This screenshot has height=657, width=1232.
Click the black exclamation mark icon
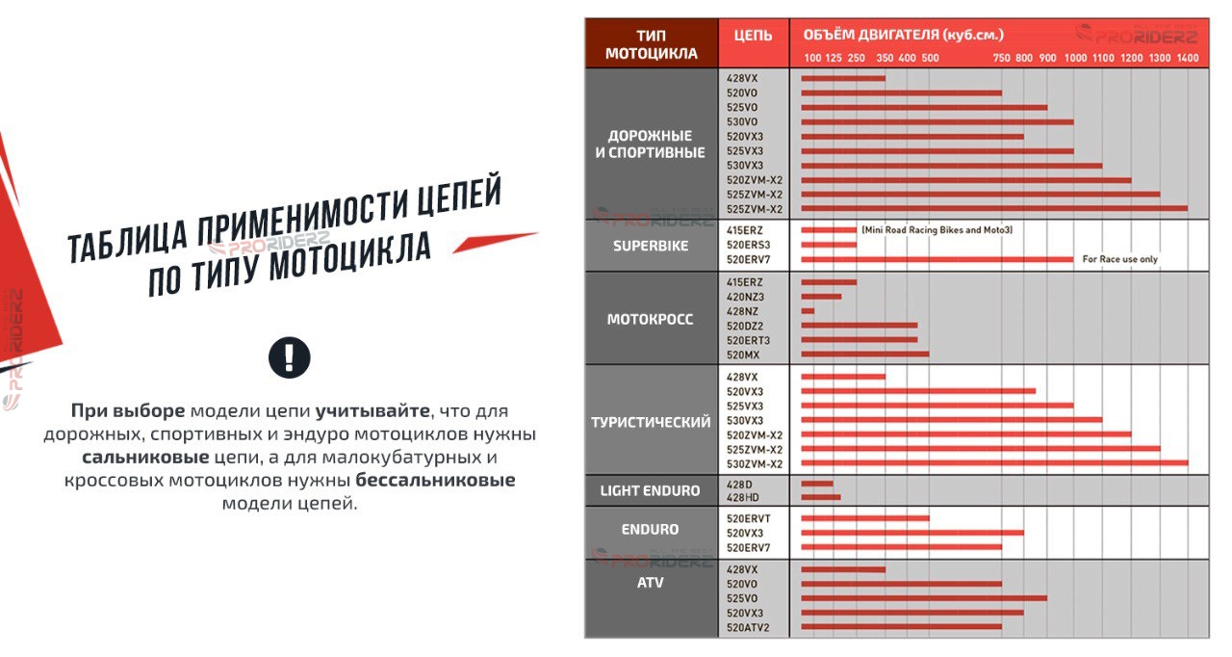pos(289,356)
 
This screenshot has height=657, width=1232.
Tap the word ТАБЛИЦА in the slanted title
pos(129,238)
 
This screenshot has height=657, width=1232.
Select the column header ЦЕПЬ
pos(753,36)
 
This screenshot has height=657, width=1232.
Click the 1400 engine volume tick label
pos(1188,59)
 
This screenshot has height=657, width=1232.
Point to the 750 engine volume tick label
pos(1001,59)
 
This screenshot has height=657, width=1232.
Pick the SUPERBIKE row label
pos(651,246)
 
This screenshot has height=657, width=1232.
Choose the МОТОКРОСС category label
pos(650,319)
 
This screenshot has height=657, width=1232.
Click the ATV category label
pos(650,583)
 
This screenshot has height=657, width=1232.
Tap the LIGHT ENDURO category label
pos(650,490)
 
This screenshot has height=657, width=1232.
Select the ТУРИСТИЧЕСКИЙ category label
pos(651,422)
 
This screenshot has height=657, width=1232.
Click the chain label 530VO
pos(742,122)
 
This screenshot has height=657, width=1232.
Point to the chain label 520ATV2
pos(748,628)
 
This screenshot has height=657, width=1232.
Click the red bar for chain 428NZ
pos(808,311)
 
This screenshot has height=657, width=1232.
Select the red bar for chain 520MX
pos(864,355)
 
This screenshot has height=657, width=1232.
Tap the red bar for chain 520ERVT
pos(864,518)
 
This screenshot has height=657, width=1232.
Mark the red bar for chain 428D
pos(816,484)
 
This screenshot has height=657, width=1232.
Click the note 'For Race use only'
pos(1120,259)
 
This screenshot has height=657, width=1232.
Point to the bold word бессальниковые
pos(435,480)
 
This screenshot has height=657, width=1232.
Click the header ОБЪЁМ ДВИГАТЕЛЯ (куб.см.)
pos(903,35)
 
